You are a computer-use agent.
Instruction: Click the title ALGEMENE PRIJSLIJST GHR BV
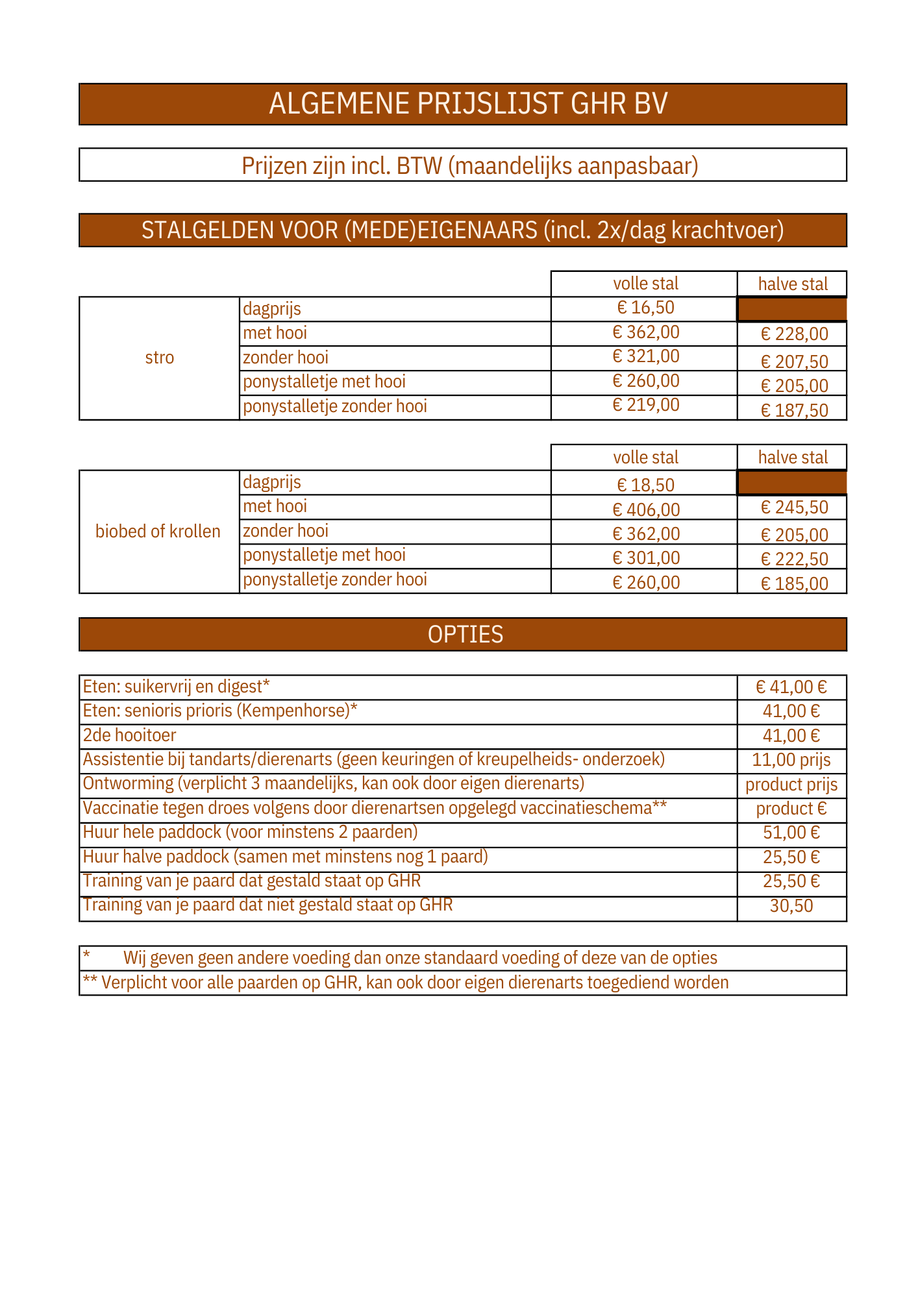pyautogui.click(x=468, y=104)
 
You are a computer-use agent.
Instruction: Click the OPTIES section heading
pyautogui.click(x=465, y=634)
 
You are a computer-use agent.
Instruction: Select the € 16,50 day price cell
pyautogui.click(x=645, y=308)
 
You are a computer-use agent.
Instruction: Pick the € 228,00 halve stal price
pyautogui.click(x=794, y=334)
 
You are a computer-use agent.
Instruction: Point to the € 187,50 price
pyautogui.click(x=794, y=411)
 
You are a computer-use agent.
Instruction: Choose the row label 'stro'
pyautogui.click(x=160, y=358)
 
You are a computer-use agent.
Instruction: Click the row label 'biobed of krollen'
pyautogui.click(x=158, y=532)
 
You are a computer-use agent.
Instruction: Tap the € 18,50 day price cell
pyautogui.click(x=645, y=485)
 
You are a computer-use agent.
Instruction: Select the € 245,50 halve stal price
pyautogui.click(x=794, y=508)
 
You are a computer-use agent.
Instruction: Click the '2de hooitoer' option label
pyautogui.click(x=129, y=735)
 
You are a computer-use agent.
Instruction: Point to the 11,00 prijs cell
pyautogui.click(x=791, y=760)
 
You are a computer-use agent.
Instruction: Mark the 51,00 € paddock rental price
pyautogui.click(x=791, y=833)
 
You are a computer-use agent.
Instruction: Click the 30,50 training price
pyautogui.click(x=791, y=906)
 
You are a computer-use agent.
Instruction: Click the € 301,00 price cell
pyautogui.click(x=646, y=558)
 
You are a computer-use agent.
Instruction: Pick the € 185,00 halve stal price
pyautogui.click(x=794, y=583)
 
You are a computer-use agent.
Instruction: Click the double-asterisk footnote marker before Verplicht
pyautogui.click(x=90, y=981)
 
